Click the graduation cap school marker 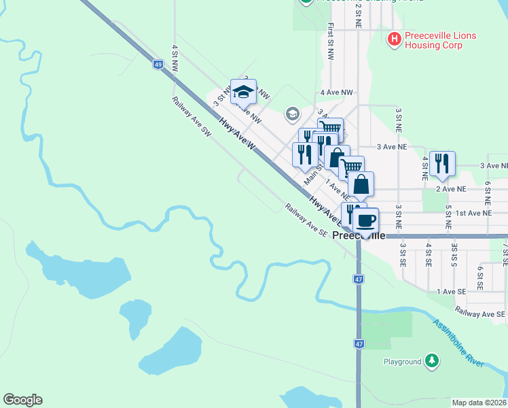pyautogui.click(x=242, y=92)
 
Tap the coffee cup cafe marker pyautogui.click(x=365, y=220)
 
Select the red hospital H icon pyautogui.click(x=394, y=39)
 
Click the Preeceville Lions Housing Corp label pyautogui.click(x=440, y=40)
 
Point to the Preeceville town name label pyautogui.click(x=360, y=235)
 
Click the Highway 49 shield pyautogui.click(x=158, y=65)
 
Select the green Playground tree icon pyautogui.click(x=431, y=361)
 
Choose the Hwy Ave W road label pyautogui.click(x=237, y=133)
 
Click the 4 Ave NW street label pyautogui.click(x=337, y=92)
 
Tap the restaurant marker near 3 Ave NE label pyautogui.click(x=442, y=163)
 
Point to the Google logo pyautogui.click(x=22, y=400)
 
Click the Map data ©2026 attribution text pyautogui.click(x=478, y=403)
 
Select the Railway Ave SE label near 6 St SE pyautogui.click(x=480, y=313)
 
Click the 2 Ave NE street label pyautogui.click(x=451, y=189)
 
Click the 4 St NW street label pyautogui.click(x=175, y=58)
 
